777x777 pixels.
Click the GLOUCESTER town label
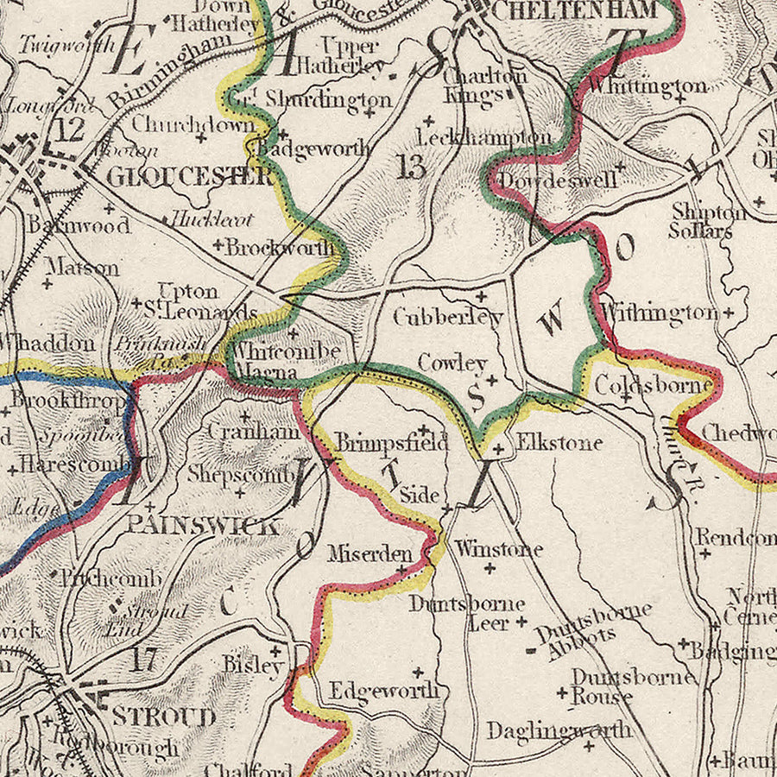189,177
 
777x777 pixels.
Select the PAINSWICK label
203,524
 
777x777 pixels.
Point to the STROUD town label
163,717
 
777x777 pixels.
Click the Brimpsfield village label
392,444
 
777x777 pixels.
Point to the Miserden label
370,553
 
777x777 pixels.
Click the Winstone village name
499,548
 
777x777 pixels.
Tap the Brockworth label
279,248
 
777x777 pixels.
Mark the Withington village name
658,312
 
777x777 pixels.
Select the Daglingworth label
558,730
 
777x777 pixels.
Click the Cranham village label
253,431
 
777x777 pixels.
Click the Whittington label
649,85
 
